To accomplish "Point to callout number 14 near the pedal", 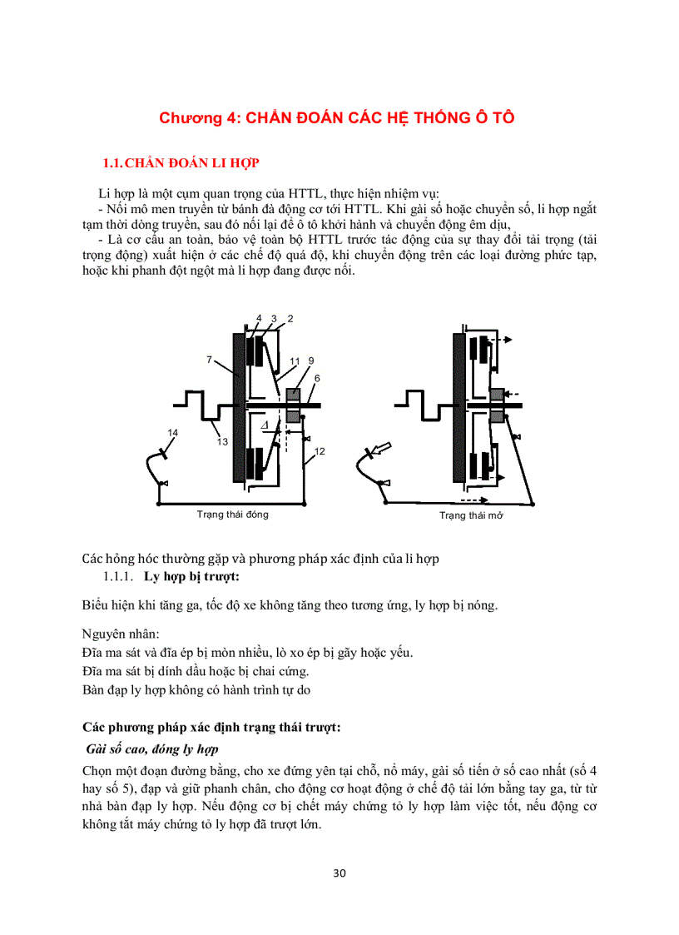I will pyautogui.click(x=172, y=432).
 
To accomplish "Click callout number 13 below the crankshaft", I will pyautogui.click(x=223, y=442).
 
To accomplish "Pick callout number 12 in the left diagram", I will pyautogui.click(x=320, y=450).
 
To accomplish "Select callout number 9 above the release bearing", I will pyautogui.click(x=310, y=361).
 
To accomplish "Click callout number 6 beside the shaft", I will pyautogui.click(x=317, y=378).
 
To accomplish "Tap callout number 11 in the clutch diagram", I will pyautogui.click(x=295, y=361).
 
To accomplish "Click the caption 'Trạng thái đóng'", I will pyautogui.click(x=232, y=515).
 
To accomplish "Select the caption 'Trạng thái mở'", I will pyautogui.click(x=472, y=515).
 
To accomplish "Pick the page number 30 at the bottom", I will pyautogui.click(x=339, y=873).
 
